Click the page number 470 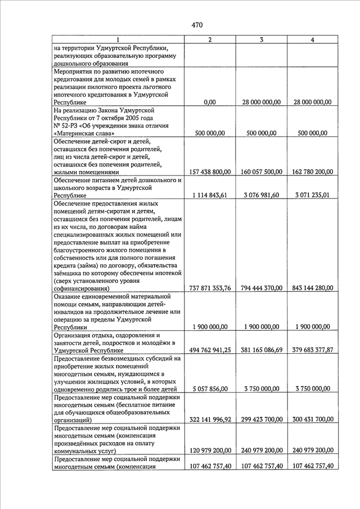[x=196, y=24]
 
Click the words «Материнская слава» [x=85, y=134]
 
